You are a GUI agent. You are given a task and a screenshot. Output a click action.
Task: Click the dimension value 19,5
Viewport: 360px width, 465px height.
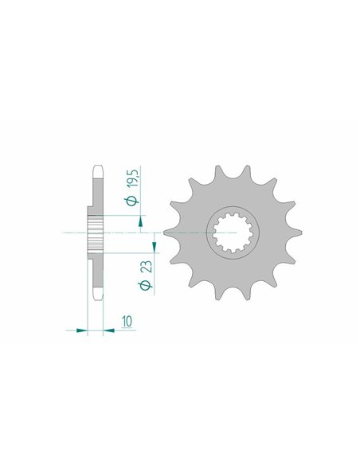[133, 178]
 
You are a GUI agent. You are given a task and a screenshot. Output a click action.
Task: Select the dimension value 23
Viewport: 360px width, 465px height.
[147, 266]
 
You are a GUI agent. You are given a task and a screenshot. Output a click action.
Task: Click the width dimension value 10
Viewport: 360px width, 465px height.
[127, 321]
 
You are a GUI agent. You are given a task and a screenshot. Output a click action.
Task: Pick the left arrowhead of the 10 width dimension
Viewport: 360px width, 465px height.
[81, 330]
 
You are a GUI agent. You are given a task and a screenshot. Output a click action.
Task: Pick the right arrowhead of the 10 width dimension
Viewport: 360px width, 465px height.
[108, 330]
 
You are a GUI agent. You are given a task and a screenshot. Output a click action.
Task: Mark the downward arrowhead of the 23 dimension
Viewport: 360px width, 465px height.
[155, 247]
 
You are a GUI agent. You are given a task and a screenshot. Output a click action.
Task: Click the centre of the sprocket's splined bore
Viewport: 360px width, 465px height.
[233, 232]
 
